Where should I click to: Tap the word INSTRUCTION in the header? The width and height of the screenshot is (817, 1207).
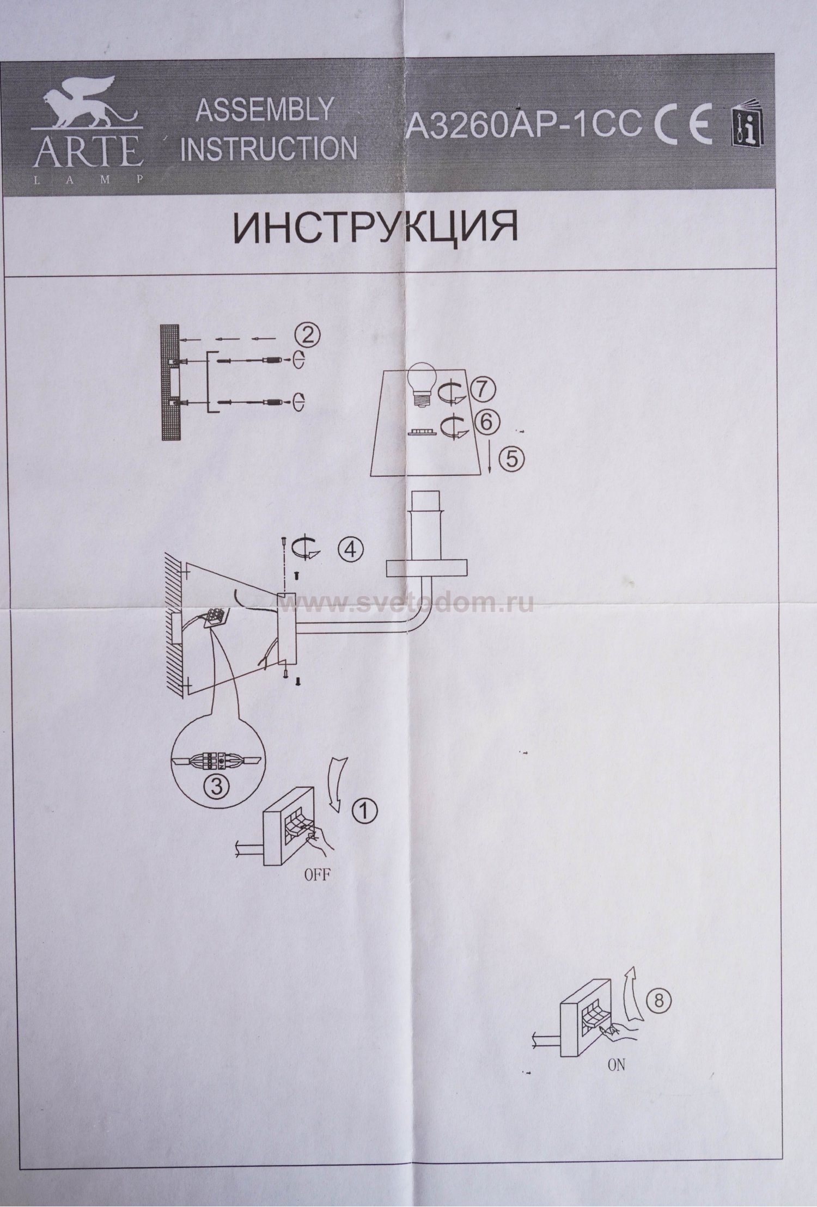click(x=269, y=149)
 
